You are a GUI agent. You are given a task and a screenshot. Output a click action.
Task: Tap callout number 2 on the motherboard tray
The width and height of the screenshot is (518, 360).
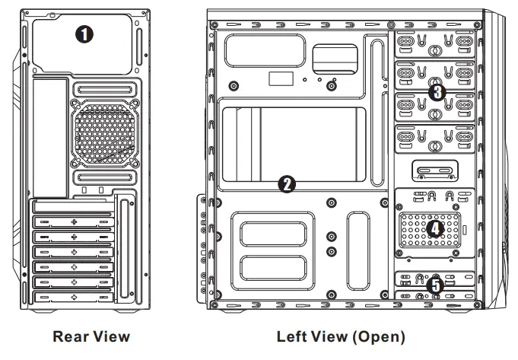(x=286, y=183)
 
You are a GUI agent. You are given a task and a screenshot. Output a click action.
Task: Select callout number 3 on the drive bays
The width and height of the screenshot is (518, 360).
(x=436, y=93)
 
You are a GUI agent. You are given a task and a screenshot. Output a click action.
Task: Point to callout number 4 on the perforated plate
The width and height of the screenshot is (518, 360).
(x=436, y=228)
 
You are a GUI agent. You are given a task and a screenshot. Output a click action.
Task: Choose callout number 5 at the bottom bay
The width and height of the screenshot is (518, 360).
(x=434, y=285)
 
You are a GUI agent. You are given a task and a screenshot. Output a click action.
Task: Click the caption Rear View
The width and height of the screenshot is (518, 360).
(x=91, y=336)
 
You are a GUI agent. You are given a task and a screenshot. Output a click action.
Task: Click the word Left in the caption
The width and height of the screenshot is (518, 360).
(x=292, y=336)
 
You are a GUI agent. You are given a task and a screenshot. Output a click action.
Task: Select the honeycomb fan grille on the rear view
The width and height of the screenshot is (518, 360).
(x=105, y=136)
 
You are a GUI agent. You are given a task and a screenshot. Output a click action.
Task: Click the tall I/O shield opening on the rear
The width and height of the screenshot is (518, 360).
(x=47, y=137)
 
